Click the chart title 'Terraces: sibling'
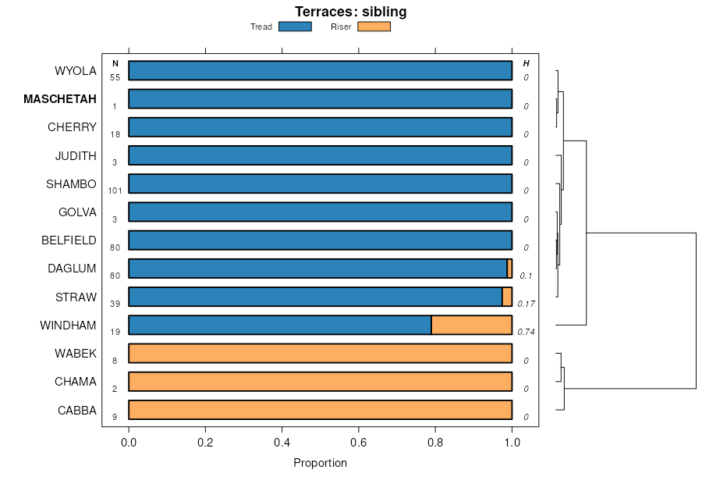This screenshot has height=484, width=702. click(350, 12)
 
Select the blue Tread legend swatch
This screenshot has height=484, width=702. click(295, 27)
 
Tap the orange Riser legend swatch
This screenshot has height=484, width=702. click(374, 27)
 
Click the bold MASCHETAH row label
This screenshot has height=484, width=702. click(60, 99)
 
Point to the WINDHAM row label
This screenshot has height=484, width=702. click(68, 325)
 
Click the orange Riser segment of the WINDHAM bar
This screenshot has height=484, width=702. click(471, 325)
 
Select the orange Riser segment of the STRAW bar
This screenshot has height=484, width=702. click(507, 297)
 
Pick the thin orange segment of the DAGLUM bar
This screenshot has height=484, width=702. click(509, 269)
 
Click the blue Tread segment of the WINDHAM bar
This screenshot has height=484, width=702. click(279, 325)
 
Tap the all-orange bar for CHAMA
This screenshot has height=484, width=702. click(320, 382)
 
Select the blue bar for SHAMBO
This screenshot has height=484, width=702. click(320, 184)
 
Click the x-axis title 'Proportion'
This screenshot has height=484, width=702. click(320, 463)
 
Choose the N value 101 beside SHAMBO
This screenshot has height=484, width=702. click(115, 190)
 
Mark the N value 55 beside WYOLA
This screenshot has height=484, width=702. click(115, 77)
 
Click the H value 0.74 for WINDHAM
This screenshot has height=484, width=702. click(526, 332)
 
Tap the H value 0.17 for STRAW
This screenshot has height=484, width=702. click(526, 304)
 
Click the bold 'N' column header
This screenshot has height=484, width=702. click(115, 63)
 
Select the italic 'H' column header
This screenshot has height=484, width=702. click(526, 63)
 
